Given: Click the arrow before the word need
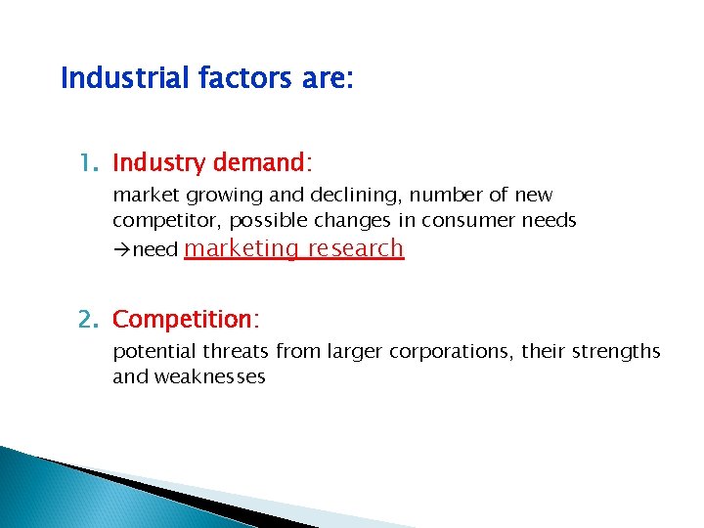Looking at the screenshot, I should click(121, 250).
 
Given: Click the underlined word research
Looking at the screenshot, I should click(355, 249).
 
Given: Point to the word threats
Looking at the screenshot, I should click(237, 351).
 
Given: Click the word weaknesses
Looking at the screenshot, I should click(206, 376).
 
